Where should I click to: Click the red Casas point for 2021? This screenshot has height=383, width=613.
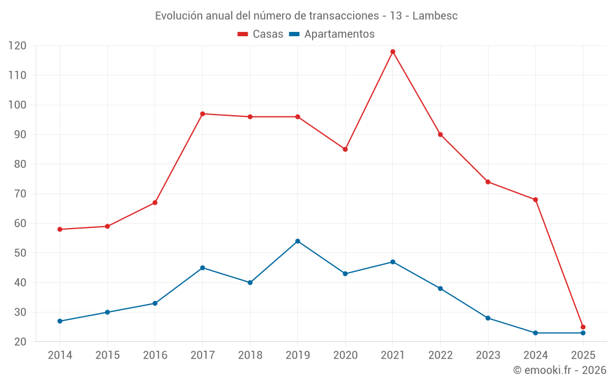coord(393,51)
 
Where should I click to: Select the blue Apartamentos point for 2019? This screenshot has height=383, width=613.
coord(298,241)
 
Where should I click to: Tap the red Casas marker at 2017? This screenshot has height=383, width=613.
coord(202,114)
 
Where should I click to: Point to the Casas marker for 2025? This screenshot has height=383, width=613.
coord(583,327)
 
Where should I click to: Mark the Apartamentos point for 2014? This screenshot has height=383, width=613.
coord(59,321)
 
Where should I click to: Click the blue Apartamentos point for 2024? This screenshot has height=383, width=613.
coord(535,333)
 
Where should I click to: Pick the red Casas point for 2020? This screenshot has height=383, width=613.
coord(345,150)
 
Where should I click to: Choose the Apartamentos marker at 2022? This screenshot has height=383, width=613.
coord(440,289)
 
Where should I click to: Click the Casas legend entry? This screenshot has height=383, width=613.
coord(261,34)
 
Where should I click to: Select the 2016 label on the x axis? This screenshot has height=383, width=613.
coord(154,355)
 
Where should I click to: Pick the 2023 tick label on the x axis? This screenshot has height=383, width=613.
coord(488,355)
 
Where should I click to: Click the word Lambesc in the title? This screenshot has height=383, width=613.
coord(435,15)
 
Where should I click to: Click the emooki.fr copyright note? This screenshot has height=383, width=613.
coord(559,370)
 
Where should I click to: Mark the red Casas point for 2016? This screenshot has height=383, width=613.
coord(154,203)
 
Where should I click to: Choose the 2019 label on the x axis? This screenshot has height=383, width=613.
coord(298,355)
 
